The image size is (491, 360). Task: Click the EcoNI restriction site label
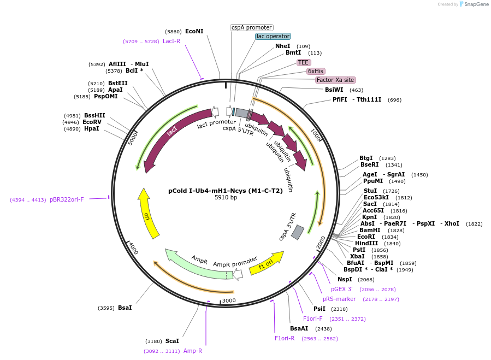pyautogui.click(x=194, y=31)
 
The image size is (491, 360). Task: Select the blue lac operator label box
pyautogui.click(x=273, y=37)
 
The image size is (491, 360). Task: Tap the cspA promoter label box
pyautogui.click(x=252, y=27)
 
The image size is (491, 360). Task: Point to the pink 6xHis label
pyautogui.click(x=315, y=71)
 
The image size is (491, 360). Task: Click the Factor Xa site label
pyautogui.click(x=335, y=80)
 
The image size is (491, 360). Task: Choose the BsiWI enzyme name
pyautogui.click(x=334, y=90)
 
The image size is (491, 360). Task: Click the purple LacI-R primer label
pyautogui.click(x=171, y=41)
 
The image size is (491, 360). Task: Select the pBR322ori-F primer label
pyautogui.click(x=67, y=199)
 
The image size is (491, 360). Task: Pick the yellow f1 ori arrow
pyautogui.click(x=267, y=263)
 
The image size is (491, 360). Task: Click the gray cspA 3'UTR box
pyautogui.click(x=298, y=233)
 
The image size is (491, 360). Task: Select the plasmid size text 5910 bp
pyautogui.click(x=226, y=197)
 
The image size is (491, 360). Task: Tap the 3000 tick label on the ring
pyautogui.click(x=229, y=300)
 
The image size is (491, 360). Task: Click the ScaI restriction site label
pyautogui.click(x=172, y=341)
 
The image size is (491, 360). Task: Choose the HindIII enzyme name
pyautogui.click(x=366, y=243)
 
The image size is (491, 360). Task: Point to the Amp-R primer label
pyautogui.click(x=193, y=351)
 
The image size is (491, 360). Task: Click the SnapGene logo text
pyautogui.click(x=476, y=4)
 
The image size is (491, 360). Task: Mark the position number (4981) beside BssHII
pyautogui.click(x=72, y=116)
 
